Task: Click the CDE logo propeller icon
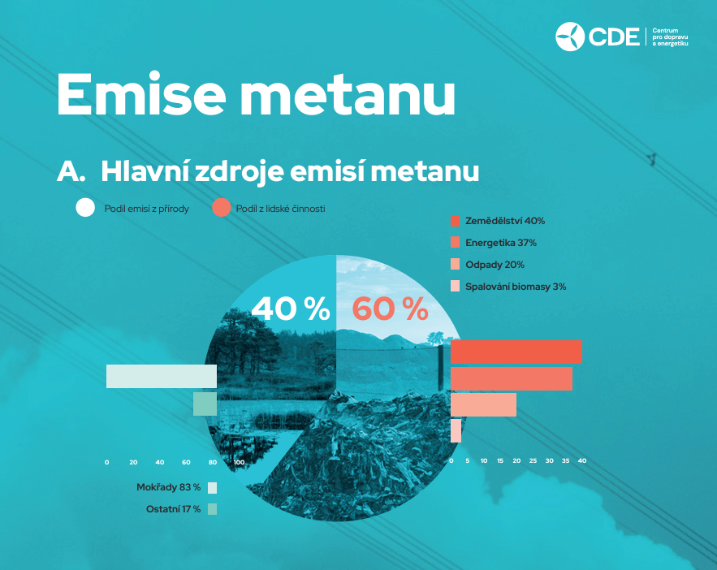pyautogui.click(x=570, y=37)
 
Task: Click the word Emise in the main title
pyautogui.click(x=141, y=95)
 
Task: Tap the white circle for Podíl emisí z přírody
pyautogui.click(x=85, y=208)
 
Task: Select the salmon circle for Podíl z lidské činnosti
pyautogui.click(x=222, y=208)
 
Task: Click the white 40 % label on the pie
pyautogui.click(x=291, y=309)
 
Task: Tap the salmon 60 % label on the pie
pyautogui.click(x=390, y=309)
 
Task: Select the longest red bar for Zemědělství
pyautogui.click(x=516, y=352)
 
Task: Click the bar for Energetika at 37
pyautogui.click(x=512, y=379)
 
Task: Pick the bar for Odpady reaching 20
pyautogui.click(x=483, y=404)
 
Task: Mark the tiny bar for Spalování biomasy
pyautogui.click(x=456, y=430)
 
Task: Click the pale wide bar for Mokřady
pyautogui.click(x=162, y=376)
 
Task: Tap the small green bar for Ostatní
pyautogui.click(x=205, y=404)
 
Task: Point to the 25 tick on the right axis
pyautogui.click(x=533, y=460)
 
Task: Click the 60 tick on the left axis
pyautogui.click(x=186, y=462)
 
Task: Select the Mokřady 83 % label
pyautogui.click(x=168, y=487)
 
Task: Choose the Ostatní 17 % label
pyautogui.click(x=173, y=509)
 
